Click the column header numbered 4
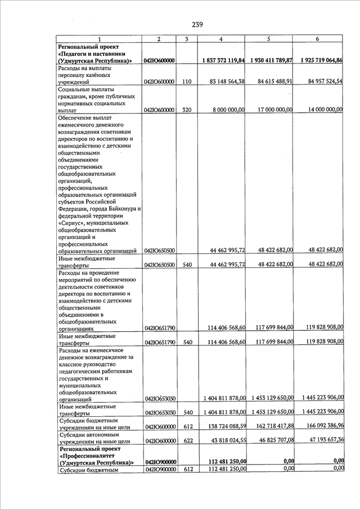click(220, 39)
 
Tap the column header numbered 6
click(318, 39)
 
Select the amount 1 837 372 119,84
click(223, 60)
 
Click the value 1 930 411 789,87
click(272, 60)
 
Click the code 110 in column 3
click(187, 82)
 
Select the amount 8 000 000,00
click(229, 110)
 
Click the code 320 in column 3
click(187, 110)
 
